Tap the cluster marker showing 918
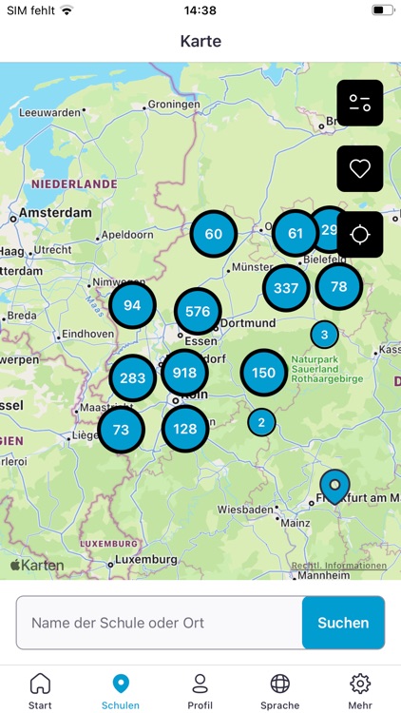pos(184,372)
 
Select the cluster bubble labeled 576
pos(198,311)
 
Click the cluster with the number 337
pos(285,288)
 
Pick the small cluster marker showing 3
pos(324,335)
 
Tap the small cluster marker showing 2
pos(261,422)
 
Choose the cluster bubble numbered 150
pos(263,373)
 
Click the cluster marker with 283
pos(133,378)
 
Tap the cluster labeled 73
pos(121,430)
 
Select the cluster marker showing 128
pos(185,429)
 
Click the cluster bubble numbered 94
pos(132,306)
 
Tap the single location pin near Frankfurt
pos(334,486)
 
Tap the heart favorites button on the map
pos(359,169)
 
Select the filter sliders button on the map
pos(359,104)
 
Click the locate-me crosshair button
pos(359,235)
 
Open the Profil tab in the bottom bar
pos(200,690)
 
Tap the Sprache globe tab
pos(279,690)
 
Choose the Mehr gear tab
pos(359,690)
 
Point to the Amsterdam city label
pos(56,213)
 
